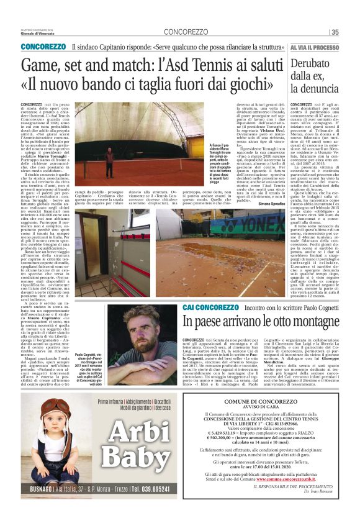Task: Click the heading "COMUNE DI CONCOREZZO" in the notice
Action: [264, 403]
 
